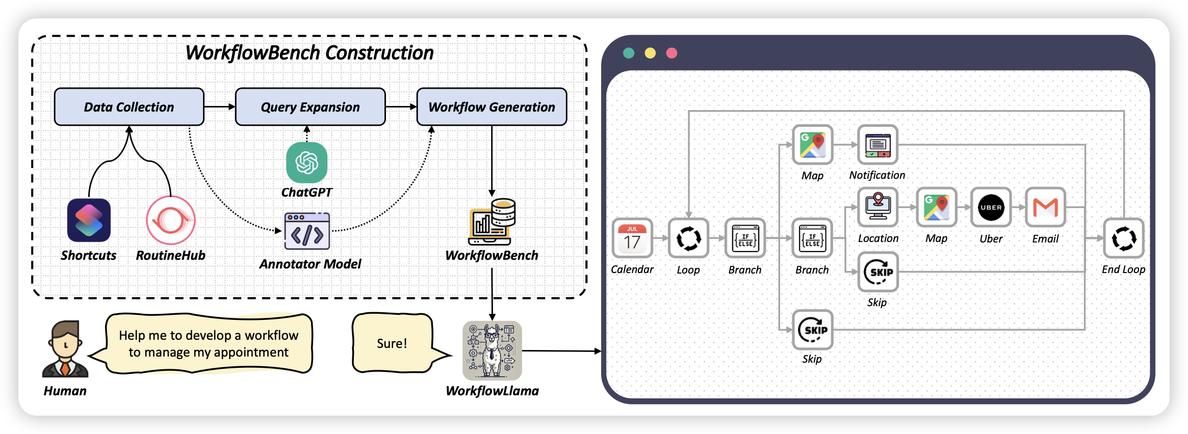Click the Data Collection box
pos(129,107)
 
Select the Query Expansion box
pos(310,107)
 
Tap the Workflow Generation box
pos(492,107)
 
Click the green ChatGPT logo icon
pos(307,162)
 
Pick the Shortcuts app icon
pos(89,220)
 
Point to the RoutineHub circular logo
pos(171,220)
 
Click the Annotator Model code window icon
pos(307,231)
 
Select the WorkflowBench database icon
pos(492,222)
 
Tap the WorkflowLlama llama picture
pos(492,350)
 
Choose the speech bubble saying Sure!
pos(392,343)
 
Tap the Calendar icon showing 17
pos(632,238)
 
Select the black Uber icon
pos(991,207)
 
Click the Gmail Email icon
pos(1045,207)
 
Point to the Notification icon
pos(877,145)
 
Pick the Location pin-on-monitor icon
pos(878,207)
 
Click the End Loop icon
pos(1124,238)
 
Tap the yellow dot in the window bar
pos(650,53)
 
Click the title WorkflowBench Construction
pos(309,53)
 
